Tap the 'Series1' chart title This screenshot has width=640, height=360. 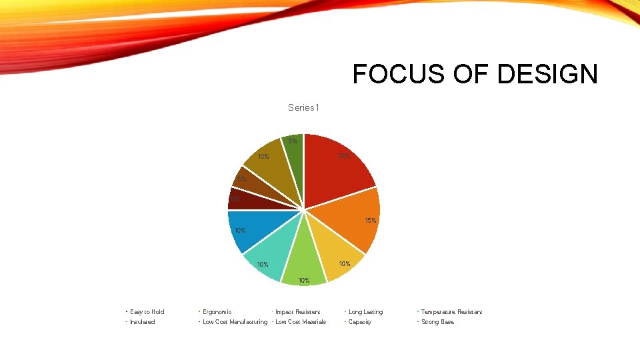(303, 107)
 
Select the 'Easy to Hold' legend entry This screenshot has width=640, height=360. (147, 312)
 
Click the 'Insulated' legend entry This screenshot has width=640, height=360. (142, 322)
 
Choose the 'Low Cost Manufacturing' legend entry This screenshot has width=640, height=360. (235, 322)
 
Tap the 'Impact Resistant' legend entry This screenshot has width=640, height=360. (297, 312)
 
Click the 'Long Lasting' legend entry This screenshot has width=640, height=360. (365, 312)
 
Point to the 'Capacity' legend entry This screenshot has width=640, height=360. (360, 322)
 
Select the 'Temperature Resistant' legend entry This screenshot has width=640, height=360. (451, 312)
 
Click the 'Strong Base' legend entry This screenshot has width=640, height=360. (437, 322)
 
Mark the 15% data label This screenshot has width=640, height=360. (370, 221)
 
